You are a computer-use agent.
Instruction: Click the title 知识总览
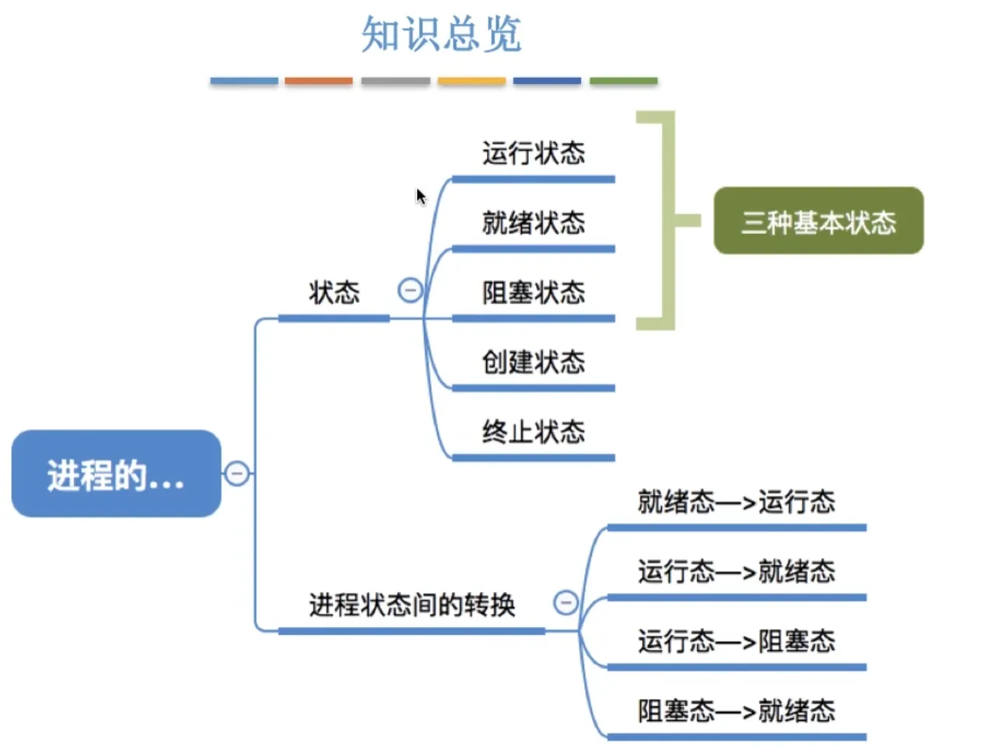tap(441, 35)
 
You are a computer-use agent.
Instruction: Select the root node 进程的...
tap(116, 474)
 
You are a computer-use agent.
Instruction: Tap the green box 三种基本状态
tap(818, 221)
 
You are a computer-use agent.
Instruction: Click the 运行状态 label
tap(533, 153)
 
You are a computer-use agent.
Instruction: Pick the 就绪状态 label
tap(533, 223)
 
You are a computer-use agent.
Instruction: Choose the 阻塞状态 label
tap(533, 293)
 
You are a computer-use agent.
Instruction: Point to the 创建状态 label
tap(533, 362)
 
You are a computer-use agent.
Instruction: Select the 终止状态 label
tap(533, 431)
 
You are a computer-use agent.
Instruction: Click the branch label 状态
tap(334, 293)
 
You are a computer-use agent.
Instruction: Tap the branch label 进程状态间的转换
tap(411, 605)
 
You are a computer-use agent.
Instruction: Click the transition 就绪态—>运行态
tap(736, 502)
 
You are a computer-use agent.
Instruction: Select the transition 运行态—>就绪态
tap(736, 572)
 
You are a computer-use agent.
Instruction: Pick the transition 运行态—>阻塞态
tap(736, 642)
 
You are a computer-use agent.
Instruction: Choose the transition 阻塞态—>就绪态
tap(736, 711)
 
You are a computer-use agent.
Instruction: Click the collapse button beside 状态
tap(410, 291)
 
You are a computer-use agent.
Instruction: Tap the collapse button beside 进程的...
tap(237, 473)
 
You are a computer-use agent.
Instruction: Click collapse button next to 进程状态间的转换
tap(566, 602)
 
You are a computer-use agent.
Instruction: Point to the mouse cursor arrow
tap(420, 196)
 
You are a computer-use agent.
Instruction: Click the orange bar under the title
tap(318, 81)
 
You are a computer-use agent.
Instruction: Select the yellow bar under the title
tap(471, 81)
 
